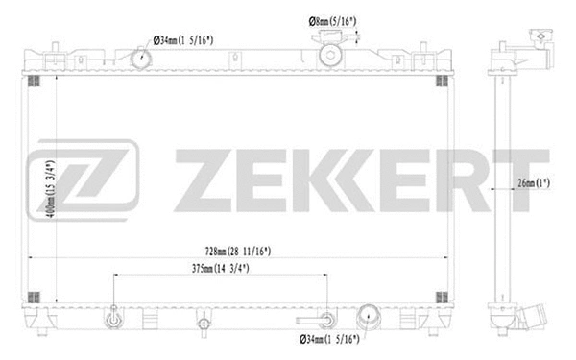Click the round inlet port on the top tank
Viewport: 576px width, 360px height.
point(141,60)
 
